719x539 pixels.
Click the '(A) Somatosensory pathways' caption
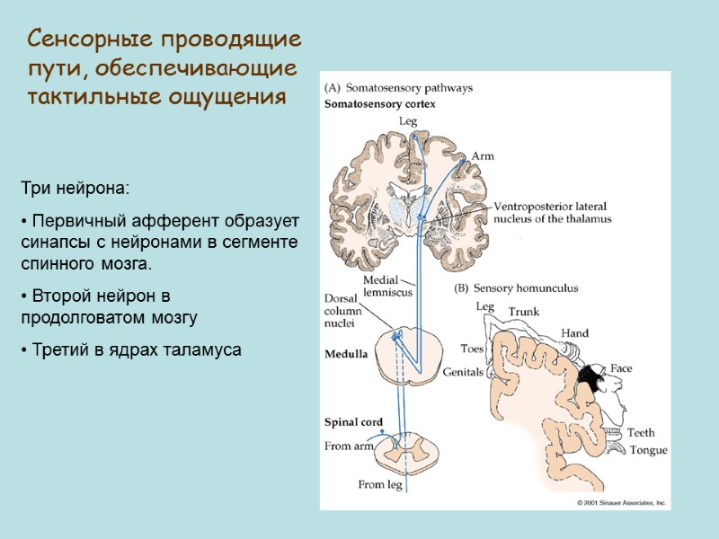point(397,88)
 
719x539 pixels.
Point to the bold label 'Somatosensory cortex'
point(379,104)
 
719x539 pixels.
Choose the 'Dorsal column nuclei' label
point(342,310)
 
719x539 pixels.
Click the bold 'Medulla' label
point(345,354)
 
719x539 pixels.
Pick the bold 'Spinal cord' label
point(353,422)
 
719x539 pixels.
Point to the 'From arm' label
point(350,446)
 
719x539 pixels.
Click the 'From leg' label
point(380,485)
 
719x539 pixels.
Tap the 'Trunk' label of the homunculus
point(525,312)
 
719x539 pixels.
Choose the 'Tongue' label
point(649,450)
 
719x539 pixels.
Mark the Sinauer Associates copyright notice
point(621,503)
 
